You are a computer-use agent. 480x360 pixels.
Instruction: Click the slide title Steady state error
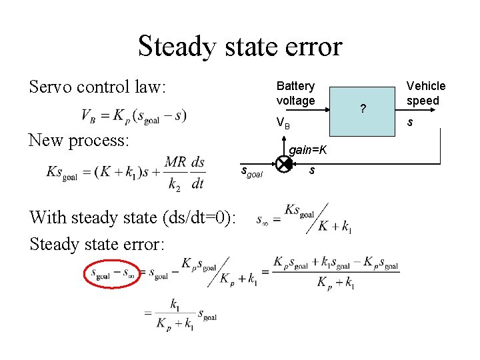(239, 46)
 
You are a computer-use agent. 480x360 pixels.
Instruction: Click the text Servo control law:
(97, 87)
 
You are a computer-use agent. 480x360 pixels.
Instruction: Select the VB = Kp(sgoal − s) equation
(133, 116)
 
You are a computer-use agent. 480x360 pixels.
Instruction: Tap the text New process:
(81, 140)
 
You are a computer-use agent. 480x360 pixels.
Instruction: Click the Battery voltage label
(295, 93)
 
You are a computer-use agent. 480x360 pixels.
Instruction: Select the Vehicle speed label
(426, 93)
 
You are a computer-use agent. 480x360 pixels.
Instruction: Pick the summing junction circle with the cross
(283, 163)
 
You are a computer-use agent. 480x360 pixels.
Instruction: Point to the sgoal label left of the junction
(251, 172)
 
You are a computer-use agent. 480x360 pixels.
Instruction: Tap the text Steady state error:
(97, 244)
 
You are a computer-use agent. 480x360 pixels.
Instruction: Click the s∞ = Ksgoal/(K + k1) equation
(304, 218)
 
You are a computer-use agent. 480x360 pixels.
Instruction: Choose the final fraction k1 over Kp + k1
(174, 313)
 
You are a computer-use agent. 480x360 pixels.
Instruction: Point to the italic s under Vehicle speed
(409, 123)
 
